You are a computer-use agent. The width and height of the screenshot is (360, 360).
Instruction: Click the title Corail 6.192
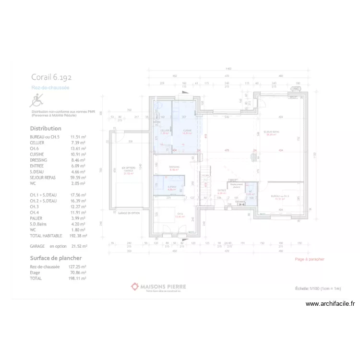(51, 77)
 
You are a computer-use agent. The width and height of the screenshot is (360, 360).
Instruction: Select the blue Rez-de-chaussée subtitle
(50, 88)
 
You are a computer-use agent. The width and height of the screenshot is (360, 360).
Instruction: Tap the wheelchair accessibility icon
(36, 101)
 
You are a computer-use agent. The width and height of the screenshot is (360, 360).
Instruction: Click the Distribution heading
(46, 129)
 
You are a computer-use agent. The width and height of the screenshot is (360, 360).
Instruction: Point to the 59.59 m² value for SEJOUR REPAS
(78, 178)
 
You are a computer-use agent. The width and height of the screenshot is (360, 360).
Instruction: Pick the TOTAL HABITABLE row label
(46, 236)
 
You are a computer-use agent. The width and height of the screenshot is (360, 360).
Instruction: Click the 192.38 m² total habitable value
(78, 236)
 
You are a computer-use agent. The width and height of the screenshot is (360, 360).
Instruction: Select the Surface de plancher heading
(59, 258)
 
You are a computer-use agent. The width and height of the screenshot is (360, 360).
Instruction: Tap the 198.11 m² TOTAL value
(78, 278)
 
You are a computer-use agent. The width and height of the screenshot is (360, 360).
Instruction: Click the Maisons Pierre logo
(158, 287)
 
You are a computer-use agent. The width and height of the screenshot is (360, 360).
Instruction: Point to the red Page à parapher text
(310, 259)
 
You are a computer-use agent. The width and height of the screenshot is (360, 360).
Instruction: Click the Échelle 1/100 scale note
(318, 288)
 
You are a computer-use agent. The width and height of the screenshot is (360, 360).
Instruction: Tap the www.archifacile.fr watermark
(330, 303)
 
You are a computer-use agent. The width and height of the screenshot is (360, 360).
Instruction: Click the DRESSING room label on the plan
(174, 167)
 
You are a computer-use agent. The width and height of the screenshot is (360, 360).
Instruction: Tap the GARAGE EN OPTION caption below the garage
(129, 213)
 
